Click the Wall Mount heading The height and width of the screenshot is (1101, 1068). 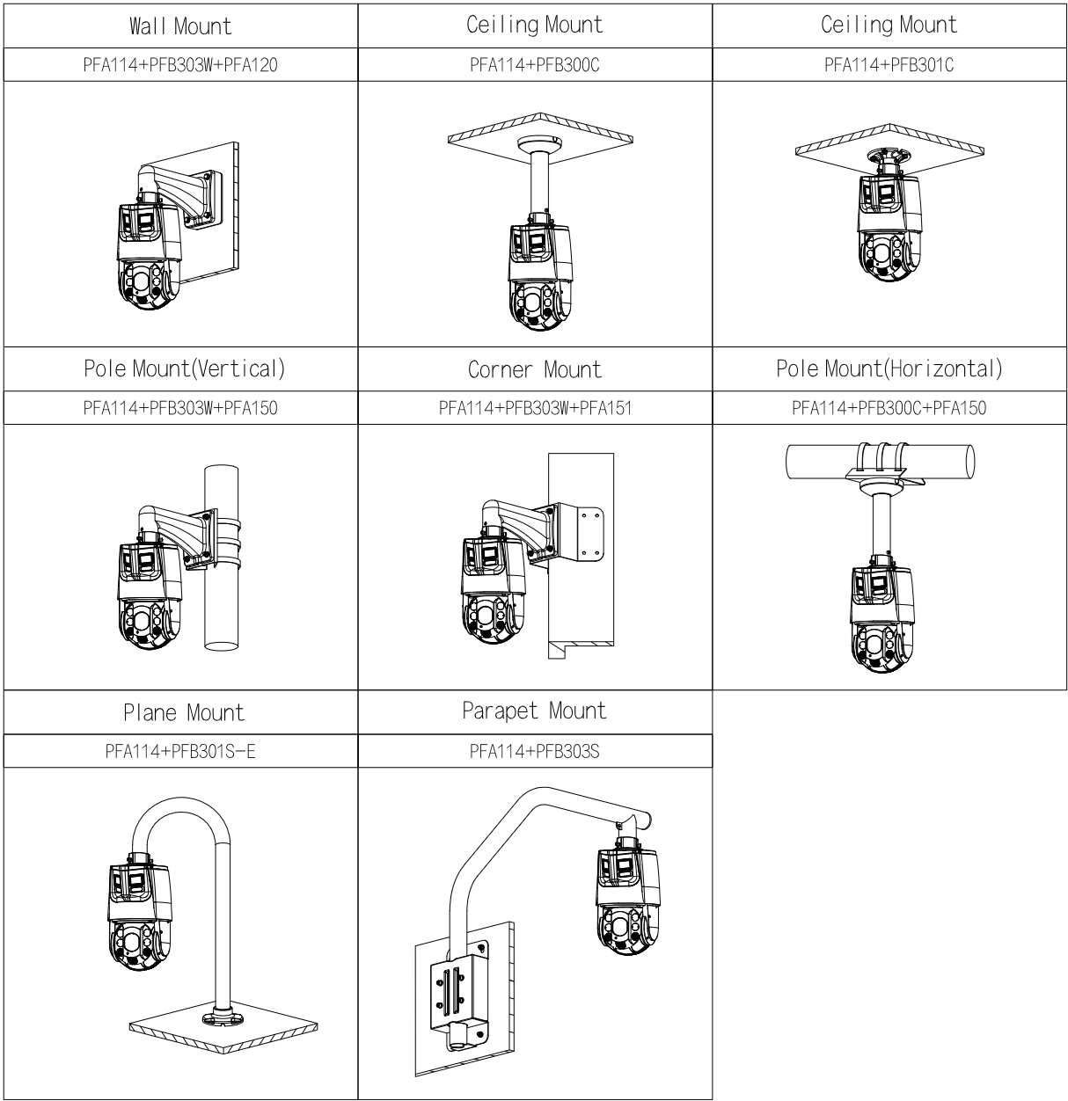click(180, 26)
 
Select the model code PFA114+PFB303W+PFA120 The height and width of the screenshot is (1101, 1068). click(180, 64)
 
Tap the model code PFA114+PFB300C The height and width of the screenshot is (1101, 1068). click(535, 64)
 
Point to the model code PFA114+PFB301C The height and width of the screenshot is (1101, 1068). click(889, 64)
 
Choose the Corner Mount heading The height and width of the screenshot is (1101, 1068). click(535, 369)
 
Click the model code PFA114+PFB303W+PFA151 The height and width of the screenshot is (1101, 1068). click(535, 408)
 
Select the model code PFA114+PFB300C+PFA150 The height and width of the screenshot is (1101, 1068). click(889, 408)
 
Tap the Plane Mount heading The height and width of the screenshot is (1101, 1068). click(184, 712)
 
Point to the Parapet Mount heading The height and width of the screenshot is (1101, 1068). click(535, 711)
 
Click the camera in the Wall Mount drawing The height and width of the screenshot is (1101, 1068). click(150, 264)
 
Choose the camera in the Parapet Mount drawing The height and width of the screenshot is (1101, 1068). click(626, 910)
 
